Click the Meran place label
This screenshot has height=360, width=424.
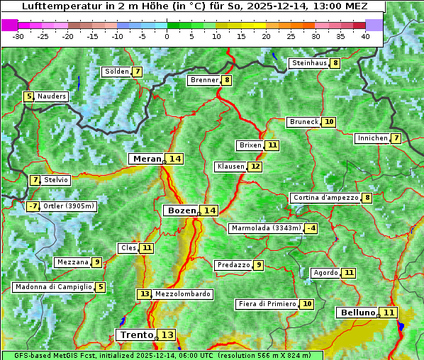click(x=147, y=159)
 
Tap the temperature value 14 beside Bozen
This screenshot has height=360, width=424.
click(x=209, y=210)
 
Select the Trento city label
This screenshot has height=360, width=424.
click(x=137, y=334)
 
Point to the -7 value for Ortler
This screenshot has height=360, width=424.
click(x=33, y=206)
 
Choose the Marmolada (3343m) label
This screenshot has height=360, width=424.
click(x=266, y=228)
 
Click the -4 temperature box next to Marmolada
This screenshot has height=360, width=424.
click(x=311, y=228)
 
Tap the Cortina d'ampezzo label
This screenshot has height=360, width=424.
click(x=325, y=198)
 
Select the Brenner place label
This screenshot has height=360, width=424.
click(x=204, y=80)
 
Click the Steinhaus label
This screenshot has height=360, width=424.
click(x=309, y=63)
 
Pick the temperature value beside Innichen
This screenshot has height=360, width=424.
click(x=396, y=138)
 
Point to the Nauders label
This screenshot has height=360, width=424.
click(x=52, y=96)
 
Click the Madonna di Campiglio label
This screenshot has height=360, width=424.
click(x=53, y=287)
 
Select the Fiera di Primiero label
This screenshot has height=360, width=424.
click(x=267, y=304)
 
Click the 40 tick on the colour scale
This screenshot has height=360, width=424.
click(x=364, y=36)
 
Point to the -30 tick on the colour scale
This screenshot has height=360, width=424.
click(x=18, y=36)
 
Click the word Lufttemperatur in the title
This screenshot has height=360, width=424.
click(x=54, y=6)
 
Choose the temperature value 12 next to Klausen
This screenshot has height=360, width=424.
click(x=255, y=167)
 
